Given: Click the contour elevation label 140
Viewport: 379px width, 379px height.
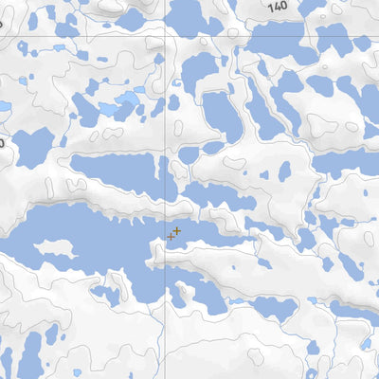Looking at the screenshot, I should click(x=277, y=6).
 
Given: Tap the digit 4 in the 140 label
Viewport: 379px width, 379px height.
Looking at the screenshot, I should click(x=277, y=6).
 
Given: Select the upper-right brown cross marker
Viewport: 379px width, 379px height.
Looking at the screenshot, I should click(x=177, y=230).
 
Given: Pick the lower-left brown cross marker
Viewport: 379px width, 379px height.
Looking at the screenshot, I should click(x=171, y=237).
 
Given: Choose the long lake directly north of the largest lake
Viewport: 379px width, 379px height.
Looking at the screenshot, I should click(x=114, y=171).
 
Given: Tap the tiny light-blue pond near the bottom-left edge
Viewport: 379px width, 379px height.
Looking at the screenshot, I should click(x=78, y=372).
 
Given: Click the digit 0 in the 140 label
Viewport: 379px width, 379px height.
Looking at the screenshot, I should click(x=282, y=6).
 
